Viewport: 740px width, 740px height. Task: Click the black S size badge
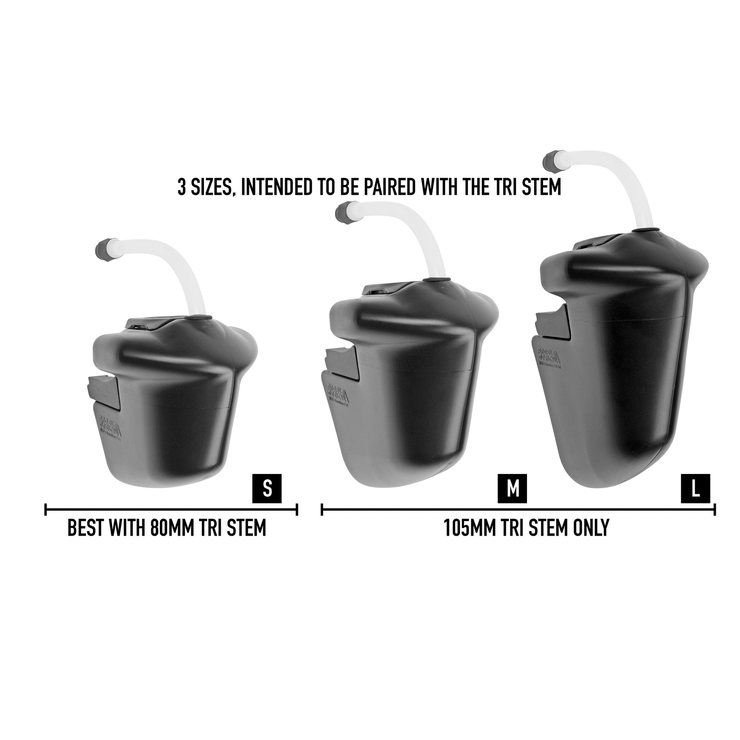click(x=267, y=488)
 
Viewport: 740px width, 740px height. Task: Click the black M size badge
click(x=512, y=488)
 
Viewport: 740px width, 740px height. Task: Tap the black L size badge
click(x=696, y=488)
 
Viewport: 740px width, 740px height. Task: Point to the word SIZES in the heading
click(x=210, y=187)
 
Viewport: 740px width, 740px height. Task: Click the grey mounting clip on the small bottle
click(x=103, y=388)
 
